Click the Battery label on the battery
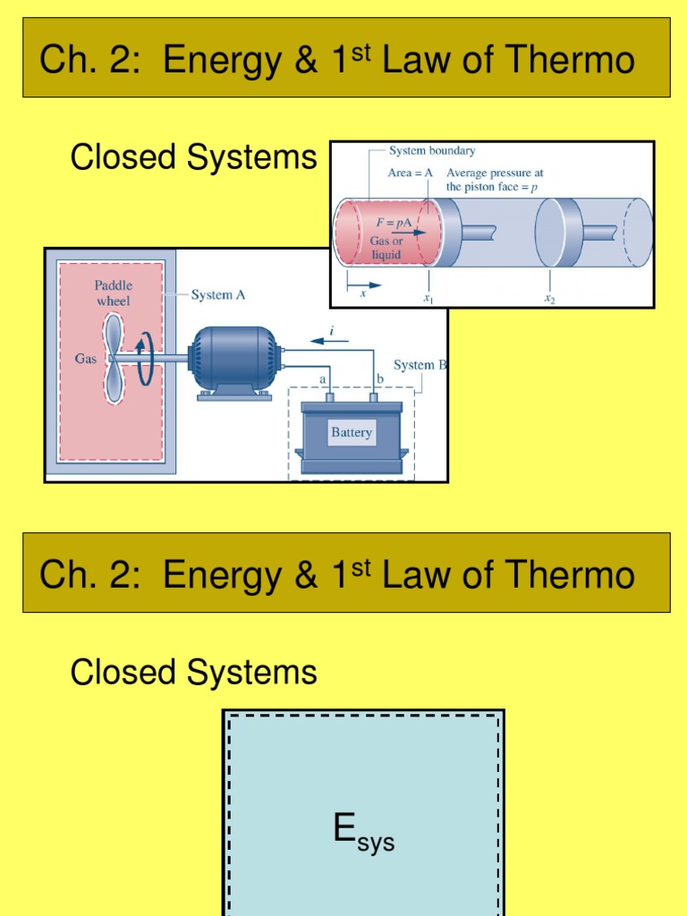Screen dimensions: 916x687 point(352,433)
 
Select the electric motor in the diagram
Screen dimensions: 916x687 point(233,360)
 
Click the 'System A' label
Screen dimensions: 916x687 point(217,295)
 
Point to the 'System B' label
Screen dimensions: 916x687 point(420,365)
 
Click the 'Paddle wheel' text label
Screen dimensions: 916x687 point(113,293)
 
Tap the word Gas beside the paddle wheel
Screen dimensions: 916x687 point(86,359)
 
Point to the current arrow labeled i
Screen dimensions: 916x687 point(332,341)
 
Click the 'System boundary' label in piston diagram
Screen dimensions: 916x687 point(432,151)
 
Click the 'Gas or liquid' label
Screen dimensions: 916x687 point(386,248)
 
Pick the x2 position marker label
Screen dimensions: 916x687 point(549,299)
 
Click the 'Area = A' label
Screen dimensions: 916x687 point(411,173)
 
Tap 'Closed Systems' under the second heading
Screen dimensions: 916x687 point(193,673)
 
